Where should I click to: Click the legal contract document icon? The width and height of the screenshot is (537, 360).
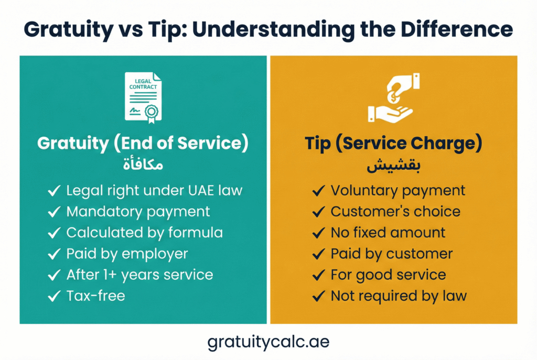click(x=143, y=98)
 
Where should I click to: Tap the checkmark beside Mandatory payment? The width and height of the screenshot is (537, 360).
click(x=54, y=212)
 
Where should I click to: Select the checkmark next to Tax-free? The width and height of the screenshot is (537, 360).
click(x=54, y=296)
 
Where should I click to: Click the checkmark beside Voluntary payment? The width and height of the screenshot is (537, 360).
click(x=318, y=191)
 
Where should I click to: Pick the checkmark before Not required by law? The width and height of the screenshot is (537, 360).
click(x=318, y=296)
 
